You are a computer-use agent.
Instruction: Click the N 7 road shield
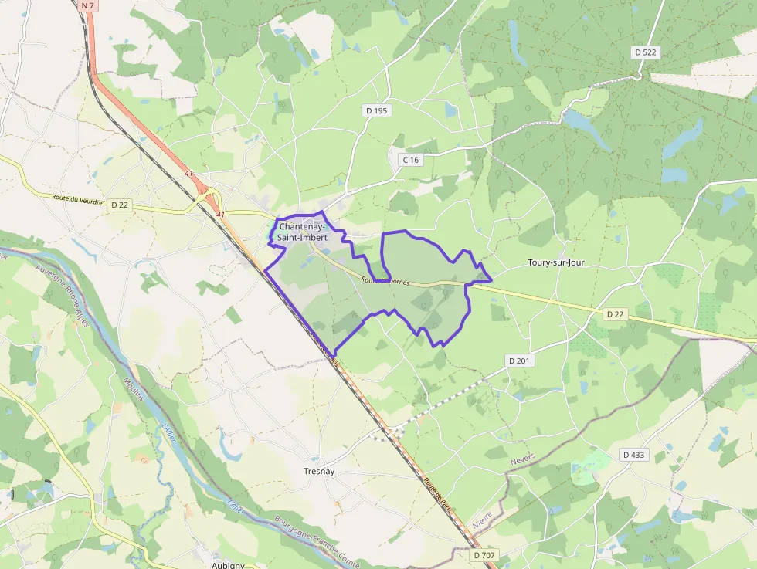(87, 5)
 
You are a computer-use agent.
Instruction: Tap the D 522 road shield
(646, 52)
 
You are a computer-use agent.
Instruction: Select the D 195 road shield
(377, 111)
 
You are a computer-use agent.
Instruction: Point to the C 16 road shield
(410, 160)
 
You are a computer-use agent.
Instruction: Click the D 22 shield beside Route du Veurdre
(119, 205)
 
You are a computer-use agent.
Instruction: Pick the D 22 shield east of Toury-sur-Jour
(615, 314)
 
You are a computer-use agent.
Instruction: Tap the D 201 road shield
(520, 361)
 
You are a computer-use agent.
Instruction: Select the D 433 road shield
(633, 455)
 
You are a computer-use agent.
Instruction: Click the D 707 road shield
(484, 555)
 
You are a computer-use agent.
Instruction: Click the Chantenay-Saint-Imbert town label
(303, 232)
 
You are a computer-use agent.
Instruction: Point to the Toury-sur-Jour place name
(556, 262)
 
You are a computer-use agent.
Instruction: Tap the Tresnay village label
(319, 471)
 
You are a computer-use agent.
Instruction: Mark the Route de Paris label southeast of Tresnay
(436, 491)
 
